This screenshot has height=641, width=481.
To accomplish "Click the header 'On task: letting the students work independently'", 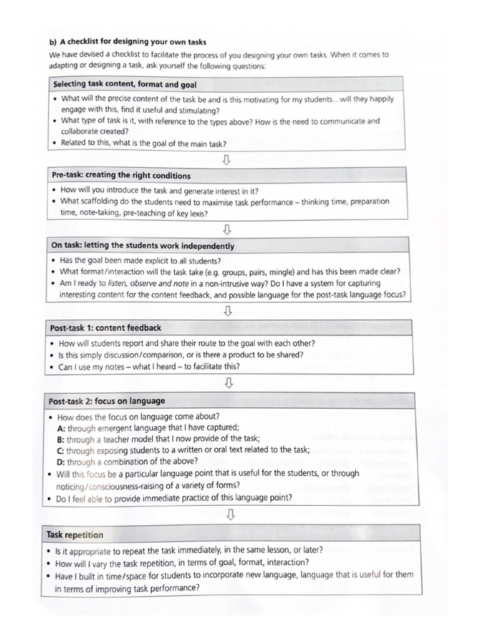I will point(143,246).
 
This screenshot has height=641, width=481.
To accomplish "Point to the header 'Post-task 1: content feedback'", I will point(105,327).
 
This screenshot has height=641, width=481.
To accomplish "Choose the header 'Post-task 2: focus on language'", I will point(106,401).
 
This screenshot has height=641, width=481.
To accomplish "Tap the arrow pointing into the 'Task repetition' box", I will point(230,515).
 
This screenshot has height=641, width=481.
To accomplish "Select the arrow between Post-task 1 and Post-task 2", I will point(229,382).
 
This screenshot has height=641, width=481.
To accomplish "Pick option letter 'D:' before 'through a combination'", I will point(61,462).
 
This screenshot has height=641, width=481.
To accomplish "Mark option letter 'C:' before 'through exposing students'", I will point(61,451).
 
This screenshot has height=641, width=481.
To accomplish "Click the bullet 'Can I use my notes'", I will point(149,367).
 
